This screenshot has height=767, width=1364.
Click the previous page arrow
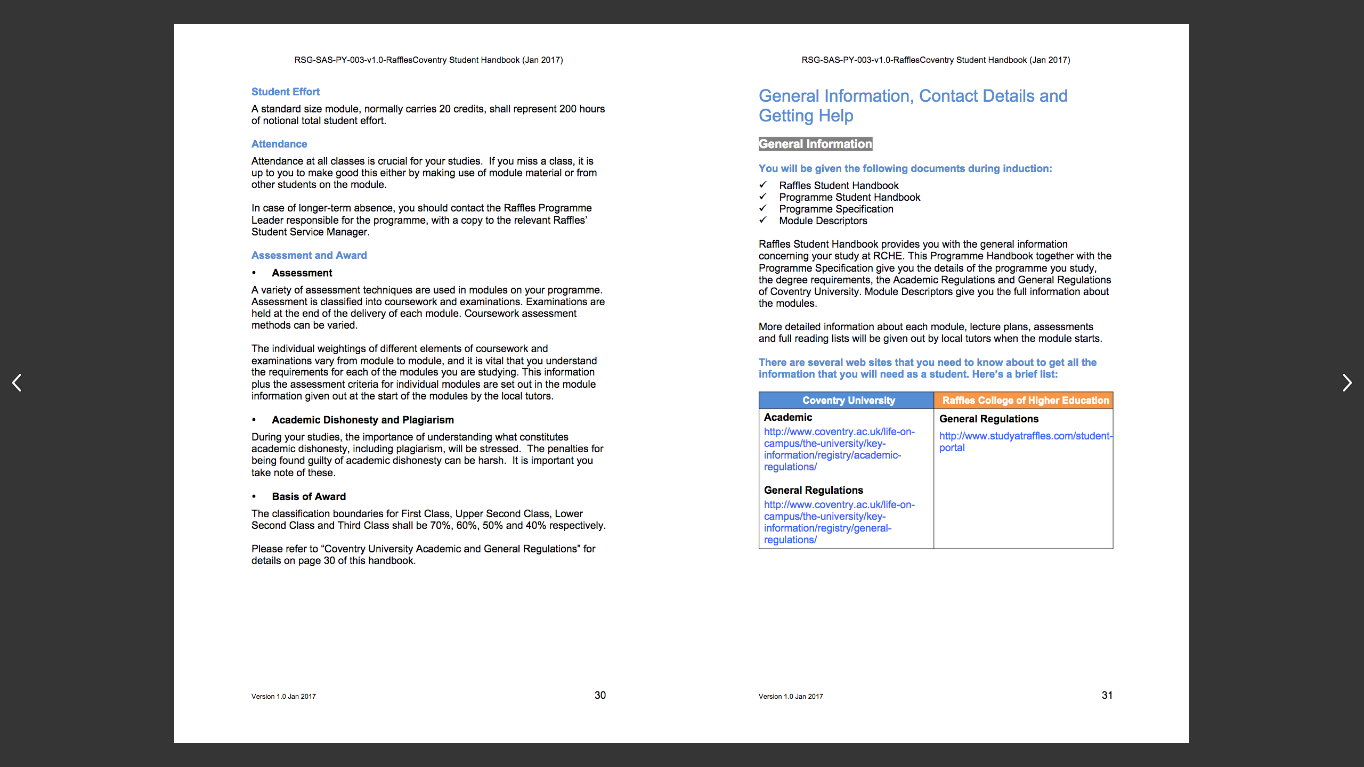(x=17, y=382)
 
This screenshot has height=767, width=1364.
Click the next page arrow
(x=1346, y=382)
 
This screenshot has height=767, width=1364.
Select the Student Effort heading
(x=285, y=92)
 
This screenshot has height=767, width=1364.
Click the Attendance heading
(x=279, y=144)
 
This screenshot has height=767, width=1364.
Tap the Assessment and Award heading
(x=309, y=255)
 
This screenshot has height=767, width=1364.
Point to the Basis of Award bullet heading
(x=308, y=496)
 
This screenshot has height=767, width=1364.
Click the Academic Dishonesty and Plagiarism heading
(x=362, y=420)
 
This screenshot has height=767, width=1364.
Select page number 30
(x=600, y=695)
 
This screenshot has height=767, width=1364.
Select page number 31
(x=1107, y=695)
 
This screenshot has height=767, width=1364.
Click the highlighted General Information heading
(x=815, y=144)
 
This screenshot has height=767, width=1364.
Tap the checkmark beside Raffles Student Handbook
(x=763, y=185)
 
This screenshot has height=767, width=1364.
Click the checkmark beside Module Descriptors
(x=763, y=220)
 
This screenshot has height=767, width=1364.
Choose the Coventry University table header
(x=848, y=400)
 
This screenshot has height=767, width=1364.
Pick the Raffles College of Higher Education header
(x=1025, y=400)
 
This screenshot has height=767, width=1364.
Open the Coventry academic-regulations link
(x=839, y=449)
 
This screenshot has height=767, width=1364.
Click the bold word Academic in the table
(x=787, y=417)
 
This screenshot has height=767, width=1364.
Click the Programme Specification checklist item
(x=836, y=209)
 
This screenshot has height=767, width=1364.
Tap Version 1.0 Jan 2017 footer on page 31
(x=791, y=696)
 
